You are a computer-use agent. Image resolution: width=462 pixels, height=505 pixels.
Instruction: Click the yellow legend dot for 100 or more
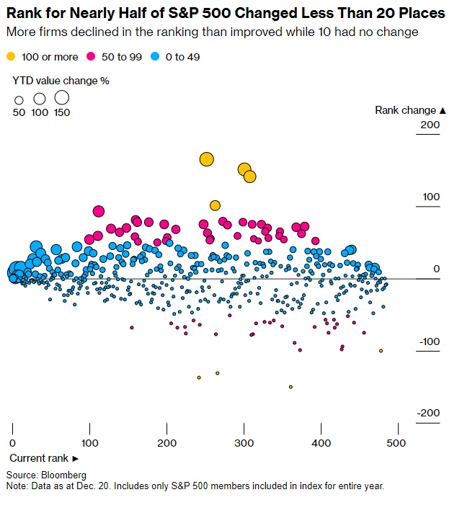click(10, 56)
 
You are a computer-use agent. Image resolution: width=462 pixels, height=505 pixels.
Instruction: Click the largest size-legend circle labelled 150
click(62, 97)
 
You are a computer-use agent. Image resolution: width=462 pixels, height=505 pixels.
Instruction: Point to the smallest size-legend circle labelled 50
click(19, 100)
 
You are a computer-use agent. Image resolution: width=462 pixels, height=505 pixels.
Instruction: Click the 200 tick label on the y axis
click(430, 125)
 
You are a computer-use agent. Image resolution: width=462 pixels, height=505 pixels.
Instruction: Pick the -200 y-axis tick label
click(427, 414)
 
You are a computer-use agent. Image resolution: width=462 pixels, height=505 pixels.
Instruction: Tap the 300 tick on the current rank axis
click(244, 442)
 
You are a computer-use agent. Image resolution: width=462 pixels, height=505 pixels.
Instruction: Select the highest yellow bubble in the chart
click(207, 159)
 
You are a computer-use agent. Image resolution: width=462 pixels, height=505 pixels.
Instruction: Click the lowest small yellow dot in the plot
click(290, 387)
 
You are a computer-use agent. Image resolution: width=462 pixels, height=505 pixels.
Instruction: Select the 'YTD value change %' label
click(61, 81)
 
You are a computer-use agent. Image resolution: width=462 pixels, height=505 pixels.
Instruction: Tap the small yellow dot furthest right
click(381, 351)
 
